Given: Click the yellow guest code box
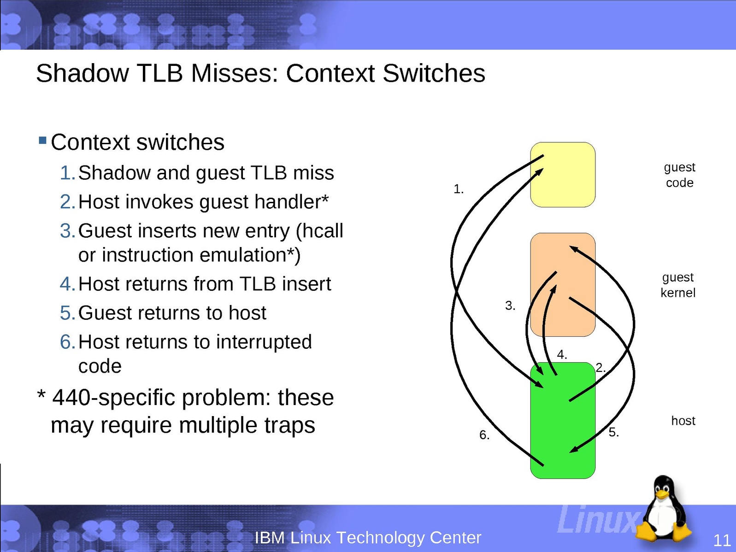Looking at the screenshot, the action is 563,175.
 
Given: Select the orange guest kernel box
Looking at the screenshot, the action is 563,285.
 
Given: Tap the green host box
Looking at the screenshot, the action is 563,420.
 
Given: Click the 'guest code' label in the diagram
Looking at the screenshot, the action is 679,175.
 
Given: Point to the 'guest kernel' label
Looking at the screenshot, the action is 677,285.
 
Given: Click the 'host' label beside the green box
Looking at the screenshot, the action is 683,421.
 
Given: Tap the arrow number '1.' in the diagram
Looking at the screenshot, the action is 459,189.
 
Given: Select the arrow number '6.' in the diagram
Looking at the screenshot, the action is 484,435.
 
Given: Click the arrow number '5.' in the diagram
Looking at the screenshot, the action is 613,432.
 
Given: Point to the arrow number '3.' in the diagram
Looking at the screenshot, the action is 510,305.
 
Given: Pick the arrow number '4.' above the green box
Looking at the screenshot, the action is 562,354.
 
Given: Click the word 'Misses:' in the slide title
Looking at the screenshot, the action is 235,73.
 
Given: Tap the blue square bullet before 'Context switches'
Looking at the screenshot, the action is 42,140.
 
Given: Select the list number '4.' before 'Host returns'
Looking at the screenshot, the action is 67,284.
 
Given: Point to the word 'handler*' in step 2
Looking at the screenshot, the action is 291,201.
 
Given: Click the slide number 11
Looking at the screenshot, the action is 722,540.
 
